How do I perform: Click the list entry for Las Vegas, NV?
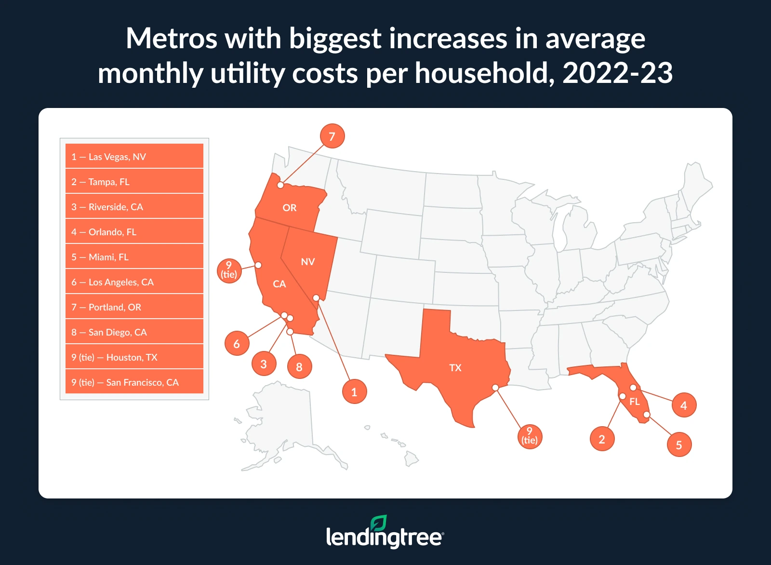click(x=134, y=156)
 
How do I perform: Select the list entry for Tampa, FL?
click(x=134, y=181)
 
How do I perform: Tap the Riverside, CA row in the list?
click(x=134, y=206)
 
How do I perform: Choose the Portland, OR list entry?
click(x=134, y=307)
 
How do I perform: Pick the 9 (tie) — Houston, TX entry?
click(x=134, y=357)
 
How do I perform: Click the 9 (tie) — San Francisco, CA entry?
click(x=134, y=382)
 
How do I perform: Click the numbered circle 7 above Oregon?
click(x=332, y=136)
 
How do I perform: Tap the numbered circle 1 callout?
click(x=354, y=392)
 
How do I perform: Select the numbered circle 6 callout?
click(x=237, y=344)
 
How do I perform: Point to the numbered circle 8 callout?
click(x=299, y=367)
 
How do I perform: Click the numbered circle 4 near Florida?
click(x=684, y=405)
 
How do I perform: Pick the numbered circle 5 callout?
click(x=679, y=445)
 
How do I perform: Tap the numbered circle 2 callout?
click(x=602, y=439)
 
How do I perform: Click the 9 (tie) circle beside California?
click(x=229, y=270)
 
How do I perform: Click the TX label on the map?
click(x=455, y=368)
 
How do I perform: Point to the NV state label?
click(x=307, y=262)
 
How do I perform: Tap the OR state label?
click(x=289, y=208)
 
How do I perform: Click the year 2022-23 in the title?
click(x=617, y=73)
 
